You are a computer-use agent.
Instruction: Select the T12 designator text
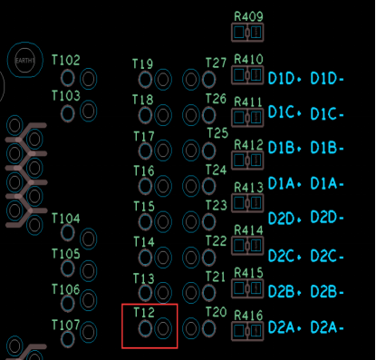tap(144, 312)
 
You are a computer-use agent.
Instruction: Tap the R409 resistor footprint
tap(247, 33)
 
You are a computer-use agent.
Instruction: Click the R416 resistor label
tap(248, 316)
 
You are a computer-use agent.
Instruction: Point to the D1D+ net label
tap(284, 79)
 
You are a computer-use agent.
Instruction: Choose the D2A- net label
tap(327, 327)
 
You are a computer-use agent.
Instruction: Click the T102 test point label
tap(66, 60)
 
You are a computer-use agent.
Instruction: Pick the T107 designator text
tap(66, 326)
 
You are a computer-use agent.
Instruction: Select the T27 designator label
tap(216, 63)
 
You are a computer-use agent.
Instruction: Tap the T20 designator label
tap(216, 312)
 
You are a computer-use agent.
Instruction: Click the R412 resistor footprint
tap(247, 160)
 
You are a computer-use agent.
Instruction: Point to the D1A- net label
tap(327, 183)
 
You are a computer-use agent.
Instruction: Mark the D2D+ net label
tap(284, 219)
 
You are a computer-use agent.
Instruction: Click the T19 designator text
tap(143, 63)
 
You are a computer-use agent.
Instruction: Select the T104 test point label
tap(66, 219)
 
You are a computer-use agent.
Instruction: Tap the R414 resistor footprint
tap(247, 245)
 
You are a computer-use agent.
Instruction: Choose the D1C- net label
tap(327, 114)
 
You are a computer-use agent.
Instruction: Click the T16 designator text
tap(144, 171)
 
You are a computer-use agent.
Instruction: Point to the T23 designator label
tap(217, 206)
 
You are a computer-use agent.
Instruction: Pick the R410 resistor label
tap(248, 59)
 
